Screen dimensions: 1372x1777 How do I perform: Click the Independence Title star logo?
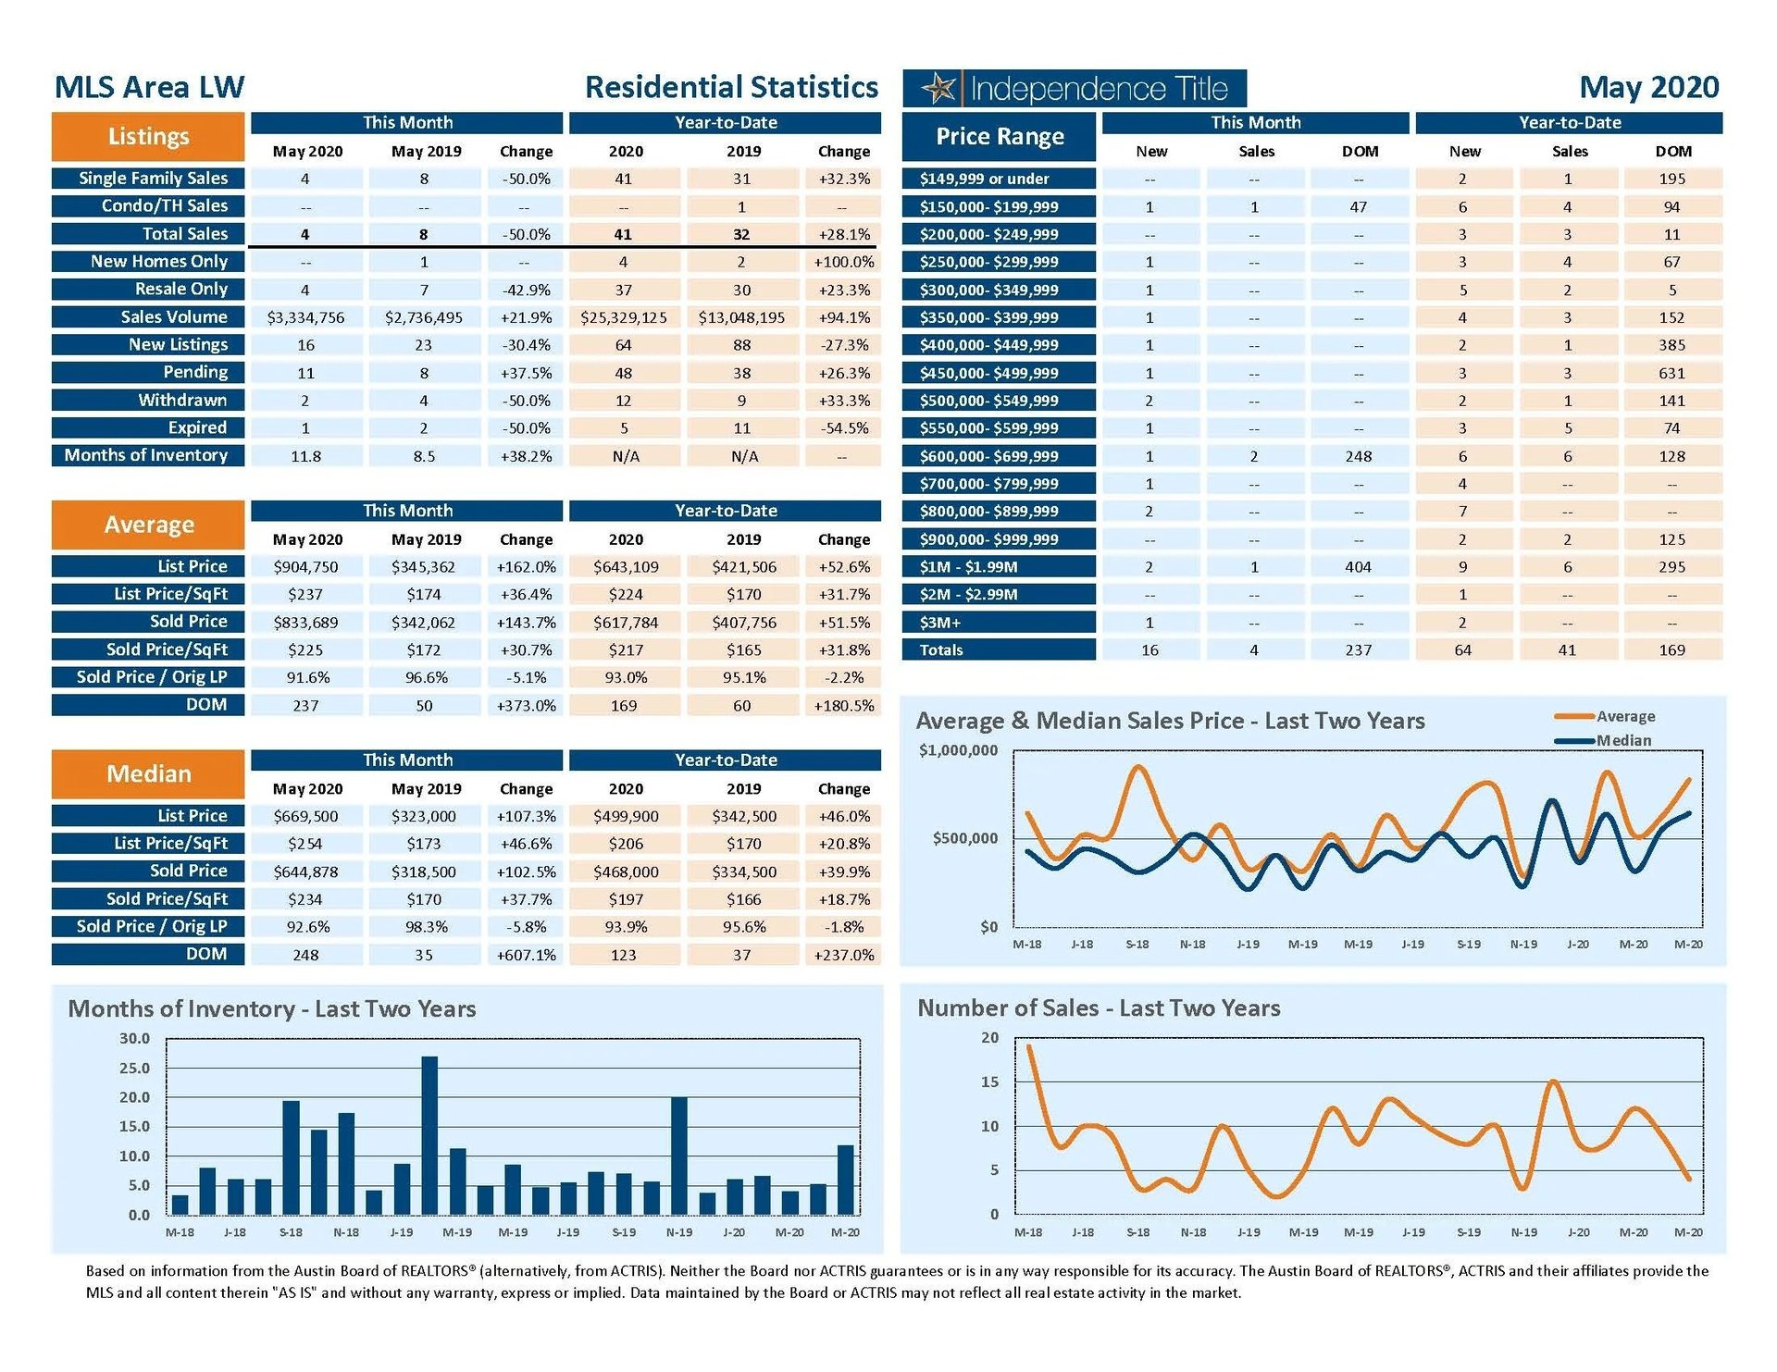click(938, 89)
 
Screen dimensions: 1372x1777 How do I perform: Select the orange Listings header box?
click(148, 137)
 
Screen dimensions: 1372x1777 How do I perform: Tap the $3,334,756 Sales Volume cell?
click(305, 317)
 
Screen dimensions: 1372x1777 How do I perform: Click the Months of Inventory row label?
click(147, 455)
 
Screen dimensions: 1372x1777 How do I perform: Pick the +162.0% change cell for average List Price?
click(526, 567)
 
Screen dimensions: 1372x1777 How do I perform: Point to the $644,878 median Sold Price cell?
click(305, 871)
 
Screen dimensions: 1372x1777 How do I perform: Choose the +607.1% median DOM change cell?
click(526, 955)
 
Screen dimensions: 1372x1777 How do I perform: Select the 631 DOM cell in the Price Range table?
click(1671, 373)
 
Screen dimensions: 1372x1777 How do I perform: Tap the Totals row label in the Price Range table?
click(941, 650)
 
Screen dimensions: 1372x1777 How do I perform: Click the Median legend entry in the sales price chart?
click(1622, 740)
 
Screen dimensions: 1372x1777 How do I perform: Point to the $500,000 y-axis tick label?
click(964, 838)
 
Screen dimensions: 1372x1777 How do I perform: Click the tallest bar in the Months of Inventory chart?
click(429, 1135)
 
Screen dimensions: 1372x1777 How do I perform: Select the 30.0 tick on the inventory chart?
click(134, 1038)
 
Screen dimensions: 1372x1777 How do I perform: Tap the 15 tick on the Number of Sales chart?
click(989, 1082)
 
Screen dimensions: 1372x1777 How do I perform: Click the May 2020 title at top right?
click(1648, 87)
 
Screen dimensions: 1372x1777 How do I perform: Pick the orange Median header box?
click(148, 774)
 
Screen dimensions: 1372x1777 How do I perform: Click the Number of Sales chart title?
click(1099, 1007)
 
